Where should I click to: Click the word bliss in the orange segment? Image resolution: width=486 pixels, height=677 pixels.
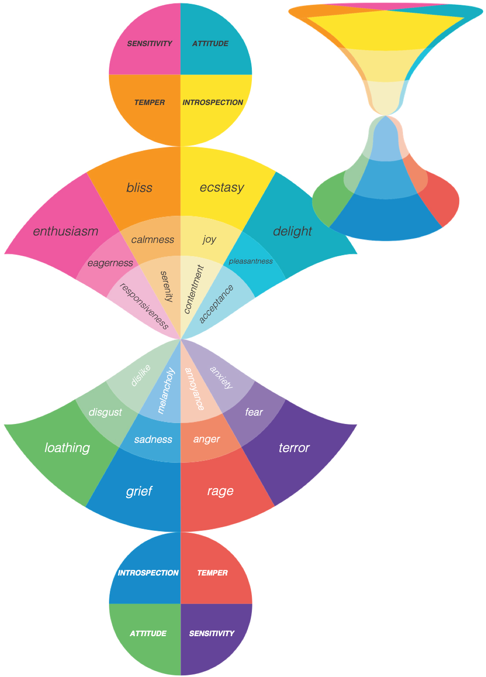(x=139, y=188)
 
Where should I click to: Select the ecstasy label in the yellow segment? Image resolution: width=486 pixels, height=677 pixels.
(x=221, y=188)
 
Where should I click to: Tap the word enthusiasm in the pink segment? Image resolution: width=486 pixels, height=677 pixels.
(x=65, y=231)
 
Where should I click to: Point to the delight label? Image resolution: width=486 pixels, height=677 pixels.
(x=292, y=231)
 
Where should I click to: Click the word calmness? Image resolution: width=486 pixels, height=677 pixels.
(x=152, y=239)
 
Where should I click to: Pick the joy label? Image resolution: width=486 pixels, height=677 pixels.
(x=209, y=239)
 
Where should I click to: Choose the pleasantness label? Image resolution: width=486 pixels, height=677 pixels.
(x=250, y=261)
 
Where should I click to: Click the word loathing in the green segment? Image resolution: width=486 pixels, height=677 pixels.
(x=67, y=448)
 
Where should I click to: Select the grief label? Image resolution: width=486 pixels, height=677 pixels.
(x=139, y=491)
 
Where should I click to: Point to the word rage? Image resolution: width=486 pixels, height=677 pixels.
(x=220, y=491)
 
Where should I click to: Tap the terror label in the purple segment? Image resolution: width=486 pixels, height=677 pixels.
(x=294, y=448)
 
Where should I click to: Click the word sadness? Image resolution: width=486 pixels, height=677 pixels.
(x=153, y=439)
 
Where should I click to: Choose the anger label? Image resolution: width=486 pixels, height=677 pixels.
(x=207, y=439)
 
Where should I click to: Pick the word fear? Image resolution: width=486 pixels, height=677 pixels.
(x=254, y=412)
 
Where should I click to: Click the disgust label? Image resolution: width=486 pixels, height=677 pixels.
(x=105, y=412)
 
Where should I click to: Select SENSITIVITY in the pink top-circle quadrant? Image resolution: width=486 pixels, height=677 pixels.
(x=149, y=43)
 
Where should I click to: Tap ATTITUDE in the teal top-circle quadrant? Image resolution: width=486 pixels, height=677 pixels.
(x=210, y=43)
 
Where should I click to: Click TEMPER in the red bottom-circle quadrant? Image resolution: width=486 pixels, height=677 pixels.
(x=212, y=573)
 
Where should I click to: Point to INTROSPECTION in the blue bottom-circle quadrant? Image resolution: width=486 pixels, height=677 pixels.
(x=148, y=573)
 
